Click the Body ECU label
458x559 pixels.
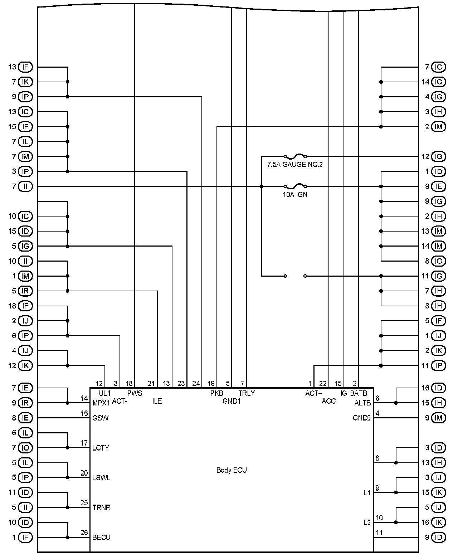coord(232,470)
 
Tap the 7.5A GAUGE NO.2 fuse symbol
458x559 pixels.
coord(295,156)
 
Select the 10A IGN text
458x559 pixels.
coord(295,195)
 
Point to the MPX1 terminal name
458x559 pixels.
coord(101,403)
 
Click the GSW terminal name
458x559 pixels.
coord(101,418)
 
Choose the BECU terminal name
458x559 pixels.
coord(101,537)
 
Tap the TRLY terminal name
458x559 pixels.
coord(247,393)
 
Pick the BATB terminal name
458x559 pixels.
coord(359,393)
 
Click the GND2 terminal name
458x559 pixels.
coord(362,418)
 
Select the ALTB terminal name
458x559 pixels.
coord(362,403)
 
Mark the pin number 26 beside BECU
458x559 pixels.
coord(84,533)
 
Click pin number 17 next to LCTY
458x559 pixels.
coord(84,443)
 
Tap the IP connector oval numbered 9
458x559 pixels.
coord(25,97)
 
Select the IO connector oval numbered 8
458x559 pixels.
coord(439,261)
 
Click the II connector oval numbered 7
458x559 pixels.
coord(25,186)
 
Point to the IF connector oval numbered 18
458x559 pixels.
coord(25,306)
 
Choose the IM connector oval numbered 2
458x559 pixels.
coord(439,127)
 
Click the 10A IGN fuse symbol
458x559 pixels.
coord(295,186)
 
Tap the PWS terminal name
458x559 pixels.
coord(135,393)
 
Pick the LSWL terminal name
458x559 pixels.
coord(101,478)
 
